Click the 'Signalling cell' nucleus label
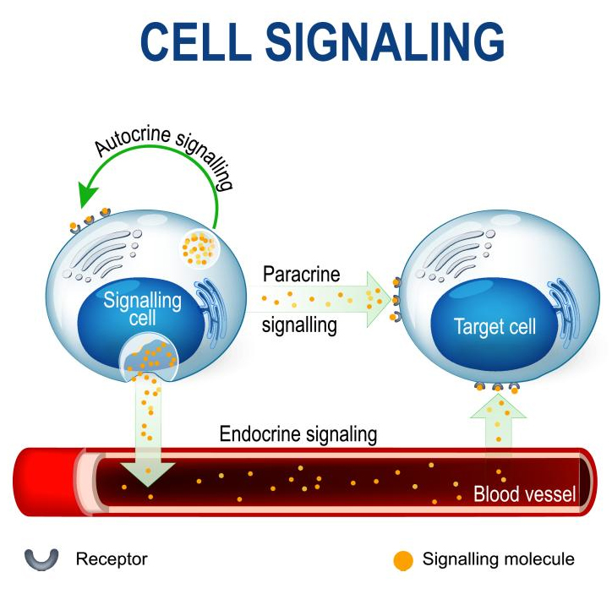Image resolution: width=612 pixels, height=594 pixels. point(142,309)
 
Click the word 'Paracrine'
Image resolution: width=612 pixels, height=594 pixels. point(300,275)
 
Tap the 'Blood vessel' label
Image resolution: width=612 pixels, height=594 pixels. point(524,494)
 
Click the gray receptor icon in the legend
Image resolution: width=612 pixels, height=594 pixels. point(41,559)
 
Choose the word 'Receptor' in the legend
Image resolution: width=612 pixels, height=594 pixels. point(112,559)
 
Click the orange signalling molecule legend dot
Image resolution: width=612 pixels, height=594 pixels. point(404,559)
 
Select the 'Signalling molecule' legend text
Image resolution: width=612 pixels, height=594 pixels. point(498,559)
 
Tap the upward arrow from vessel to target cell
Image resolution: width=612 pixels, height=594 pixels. point(498,431)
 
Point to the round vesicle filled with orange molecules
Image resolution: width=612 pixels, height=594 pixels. point(199,247)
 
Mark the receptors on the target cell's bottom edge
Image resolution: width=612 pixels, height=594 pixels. point(497,386)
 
